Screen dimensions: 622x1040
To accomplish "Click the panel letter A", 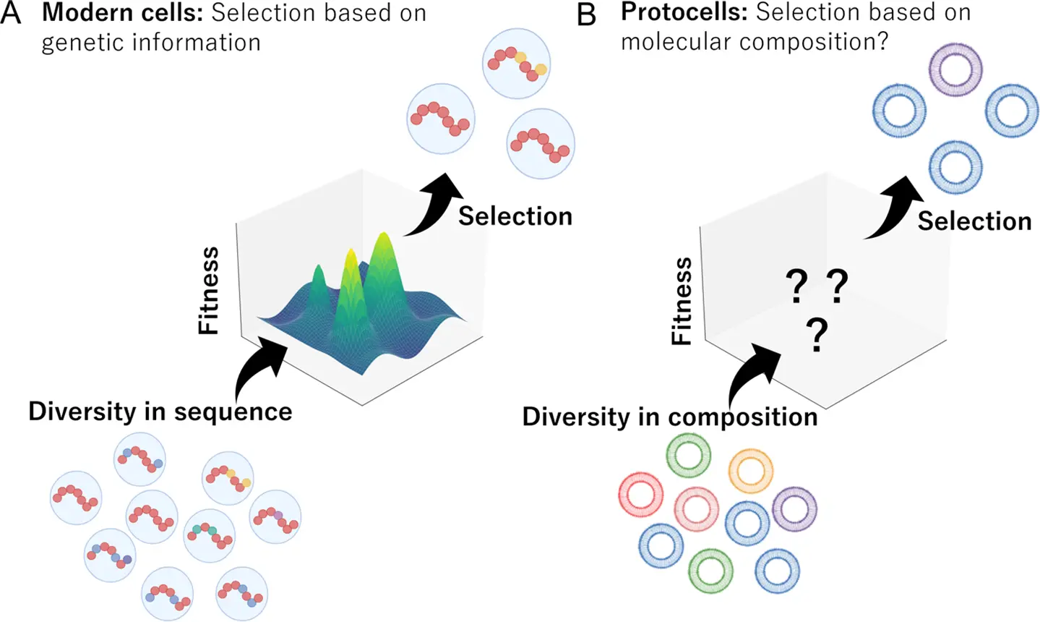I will click(11, 14).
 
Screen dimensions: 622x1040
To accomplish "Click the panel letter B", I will click(587, 14).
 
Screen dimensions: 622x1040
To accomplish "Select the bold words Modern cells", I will click(122, 13).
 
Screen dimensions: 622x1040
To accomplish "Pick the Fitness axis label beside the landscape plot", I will click(209, 290).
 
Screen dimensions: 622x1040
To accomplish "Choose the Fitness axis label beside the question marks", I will click(682, 301).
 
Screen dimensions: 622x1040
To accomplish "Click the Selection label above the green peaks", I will click(515, 216).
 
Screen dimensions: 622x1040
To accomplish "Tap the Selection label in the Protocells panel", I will click(974, 221).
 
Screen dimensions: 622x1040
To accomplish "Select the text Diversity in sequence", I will click(160, 412).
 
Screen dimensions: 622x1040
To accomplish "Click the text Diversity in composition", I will click(670, 417).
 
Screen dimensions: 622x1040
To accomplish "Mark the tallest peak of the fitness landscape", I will click(382, 239).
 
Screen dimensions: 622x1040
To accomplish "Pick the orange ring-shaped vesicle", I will click(751, 471).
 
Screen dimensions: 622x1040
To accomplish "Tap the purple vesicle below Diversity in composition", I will click(794, 509).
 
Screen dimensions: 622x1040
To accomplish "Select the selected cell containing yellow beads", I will click(516, 64).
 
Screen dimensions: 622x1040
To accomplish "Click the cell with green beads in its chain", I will click(209, 535).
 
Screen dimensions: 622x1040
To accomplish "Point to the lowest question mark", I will click(817, 336).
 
